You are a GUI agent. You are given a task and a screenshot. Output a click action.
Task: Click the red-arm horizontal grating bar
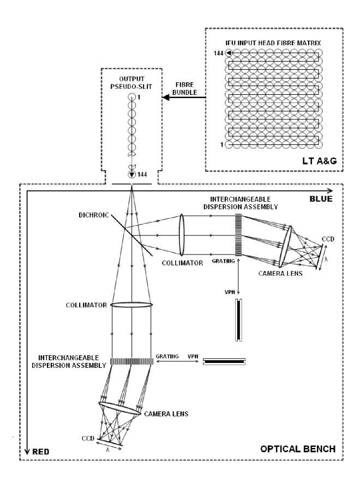131,361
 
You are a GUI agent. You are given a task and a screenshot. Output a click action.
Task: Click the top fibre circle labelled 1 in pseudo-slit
131,97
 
